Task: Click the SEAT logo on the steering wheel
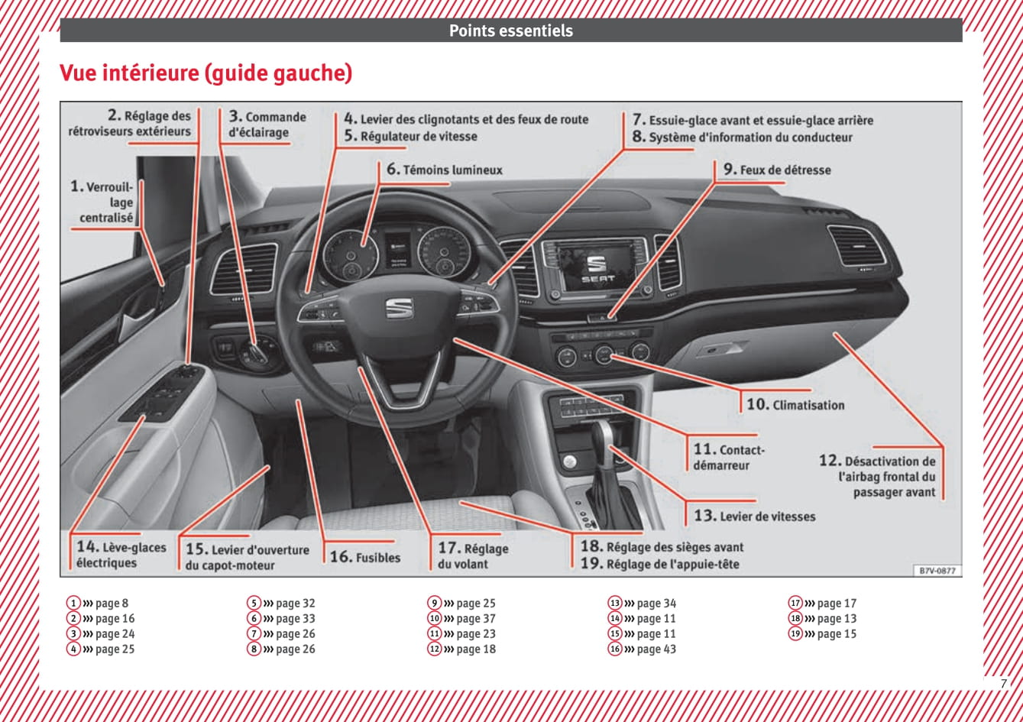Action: click(399, 307)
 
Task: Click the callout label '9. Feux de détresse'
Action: click(777, 170)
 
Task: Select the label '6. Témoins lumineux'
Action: click(445, 170)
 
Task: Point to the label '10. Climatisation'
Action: click(795, 404)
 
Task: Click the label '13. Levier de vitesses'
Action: click(755, 516)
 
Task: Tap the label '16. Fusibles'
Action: click(365, 557)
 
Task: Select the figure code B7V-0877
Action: click(937, 571)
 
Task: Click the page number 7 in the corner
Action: click(1003, 684)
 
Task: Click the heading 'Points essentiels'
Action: click(511, 31)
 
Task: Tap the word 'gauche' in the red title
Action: click(312, 73)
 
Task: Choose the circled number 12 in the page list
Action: click(434, 649)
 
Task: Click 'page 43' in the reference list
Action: click(656, 649)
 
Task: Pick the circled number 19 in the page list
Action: click(795, 633)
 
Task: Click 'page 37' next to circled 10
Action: click(476, 618)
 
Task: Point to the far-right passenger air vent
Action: click(857, 246)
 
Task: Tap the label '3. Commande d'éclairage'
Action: click(267, 125)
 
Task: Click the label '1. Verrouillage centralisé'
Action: click(102, 202)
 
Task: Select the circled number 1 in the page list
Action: click(73, 603)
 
